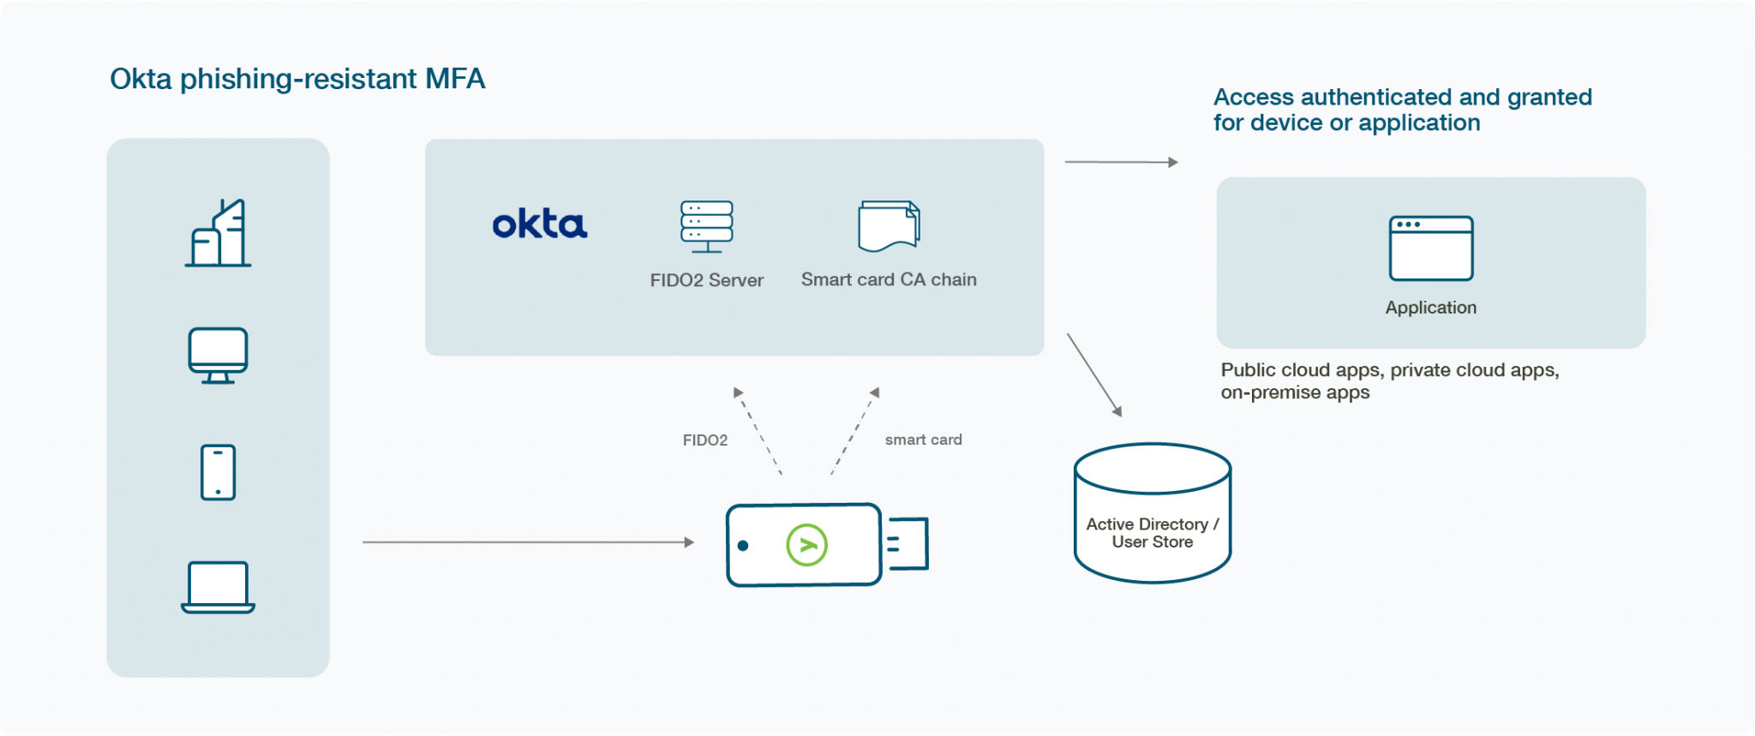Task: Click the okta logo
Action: coord(540,224)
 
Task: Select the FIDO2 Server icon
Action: coord(706,226)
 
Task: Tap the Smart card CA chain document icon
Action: coord(889,226)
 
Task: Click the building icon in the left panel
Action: coord(219,233)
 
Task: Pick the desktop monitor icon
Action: coord(218,355)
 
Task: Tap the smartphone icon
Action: coord(218,472)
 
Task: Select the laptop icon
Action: coord(218,587)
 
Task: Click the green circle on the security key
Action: coord(806,545)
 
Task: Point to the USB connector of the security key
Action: coord(907,543)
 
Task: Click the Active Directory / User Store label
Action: coord(1152,533)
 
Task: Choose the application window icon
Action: coord(1430,248)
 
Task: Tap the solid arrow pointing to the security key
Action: coord(527,542)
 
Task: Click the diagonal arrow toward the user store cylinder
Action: coord(1094,375)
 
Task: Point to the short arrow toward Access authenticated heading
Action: coord(1121,162)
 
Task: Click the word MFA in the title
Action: coord(455,79)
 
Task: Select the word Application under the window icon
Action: coord(1430,308)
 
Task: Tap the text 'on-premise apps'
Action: coord(1295,392)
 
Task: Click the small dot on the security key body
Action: coord(743,546)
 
